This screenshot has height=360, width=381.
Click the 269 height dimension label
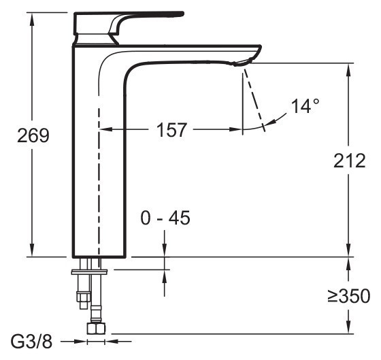coord(33,135)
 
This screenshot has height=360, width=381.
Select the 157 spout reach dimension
coord(171,130)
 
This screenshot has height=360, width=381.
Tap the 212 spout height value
coord(350,161)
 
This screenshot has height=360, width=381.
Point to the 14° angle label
coord(305,106)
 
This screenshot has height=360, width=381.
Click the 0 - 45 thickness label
coord(165,218)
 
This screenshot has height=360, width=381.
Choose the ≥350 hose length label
coord(349,296)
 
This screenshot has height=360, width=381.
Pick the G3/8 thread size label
coord(31,342)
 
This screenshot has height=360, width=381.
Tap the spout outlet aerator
coord(241,63)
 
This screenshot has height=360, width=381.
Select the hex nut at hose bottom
coord(96,329)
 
